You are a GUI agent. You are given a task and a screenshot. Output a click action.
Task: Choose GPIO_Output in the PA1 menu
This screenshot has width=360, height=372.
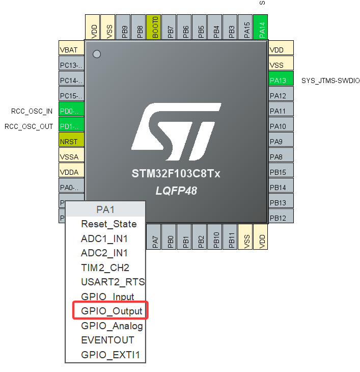[x=111, y=311]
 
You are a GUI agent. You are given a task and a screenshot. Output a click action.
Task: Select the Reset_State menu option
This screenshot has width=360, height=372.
[x=108, y=224]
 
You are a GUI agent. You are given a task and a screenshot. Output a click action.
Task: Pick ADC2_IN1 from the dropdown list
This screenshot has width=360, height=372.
[x=104, y=253]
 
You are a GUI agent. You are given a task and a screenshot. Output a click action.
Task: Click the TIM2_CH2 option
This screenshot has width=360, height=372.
[x=105, y=268]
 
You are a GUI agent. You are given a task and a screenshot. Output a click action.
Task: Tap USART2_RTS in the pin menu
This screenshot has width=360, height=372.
[x=112, y=282]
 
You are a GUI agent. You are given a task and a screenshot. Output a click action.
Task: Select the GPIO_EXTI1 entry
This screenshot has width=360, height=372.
[x=110, y=355]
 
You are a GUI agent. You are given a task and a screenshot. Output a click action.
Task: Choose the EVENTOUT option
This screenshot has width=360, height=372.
[x=107, y=340]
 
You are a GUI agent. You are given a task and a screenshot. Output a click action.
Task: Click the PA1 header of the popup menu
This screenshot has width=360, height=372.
[x=106, y=209]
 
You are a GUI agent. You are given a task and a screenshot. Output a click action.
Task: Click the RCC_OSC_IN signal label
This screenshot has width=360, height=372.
[x=32, y=111]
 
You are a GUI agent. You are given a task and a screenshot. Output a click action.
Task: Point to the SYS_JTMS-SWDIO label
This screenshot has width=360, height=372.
[x=330, y=81]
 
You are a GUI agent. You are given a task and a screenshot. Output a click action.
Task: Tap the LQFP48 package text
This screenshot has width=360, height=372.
[x=176, y=191]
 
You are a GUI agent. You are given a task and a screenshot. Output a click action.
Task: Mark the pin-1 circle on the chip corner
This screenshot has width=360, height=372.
[x=97, y=54]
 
